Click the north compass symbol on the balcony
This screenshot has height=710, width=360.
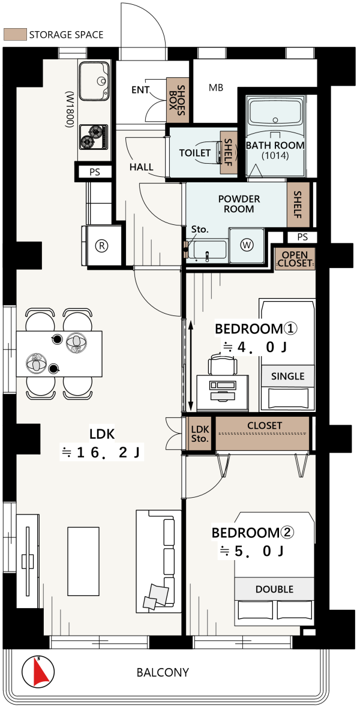pyautogui.click(x=37, y=672)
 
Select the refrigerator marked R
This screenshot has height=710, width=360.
pyautogui.click(x=103, y=245)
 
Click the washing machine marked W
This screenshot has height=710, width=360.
pyautogui.click(x=247, y=245)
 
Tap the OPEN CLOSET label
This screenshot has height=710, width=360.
pyautogui.click(x=295, y=258)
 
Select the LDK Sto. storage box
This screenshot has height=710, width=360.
pyautogui.click(x=200, y=434)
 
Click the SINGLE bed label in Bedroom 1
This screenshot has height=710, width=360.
pyautogui.click(x=287, y=376)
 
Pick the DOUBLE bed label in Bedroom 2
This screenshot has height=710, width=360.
pyautogui.click(x=274, y=589)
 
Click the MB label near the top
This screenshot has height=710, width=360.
pyautogui.click(x=216, y=88)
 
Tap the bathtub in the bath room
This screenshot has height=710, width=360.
pyautogui.click(x=275, y=115)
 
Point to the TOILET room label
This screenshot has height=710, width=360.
pyautogui.click(x=195, y=153)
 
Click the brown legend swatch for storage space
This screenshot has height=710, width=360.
pyautogui.click(x=14, y=34)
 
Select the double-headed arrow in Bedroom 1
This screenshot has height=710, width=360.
pyautogui.click(x=191, y=364)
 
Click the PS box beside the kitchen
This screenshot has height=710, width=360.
pyautogui.click(x=94, y=172)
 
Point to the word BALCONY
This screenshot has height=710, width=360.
pyautogui.click(x=163, y=672)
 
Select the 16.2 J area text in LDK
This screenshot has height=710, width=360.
pyautogui.click(x=103, y=453)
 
